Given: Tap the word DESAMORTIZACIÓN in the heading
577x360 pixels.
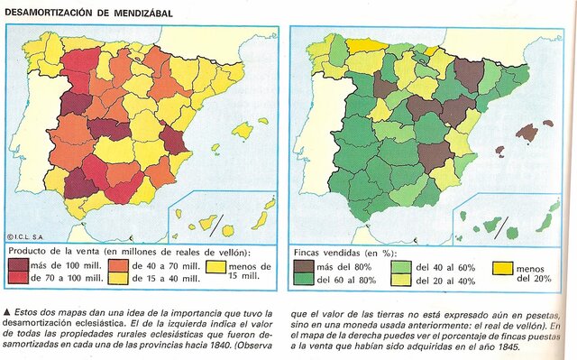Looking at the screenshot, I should click(45, 11).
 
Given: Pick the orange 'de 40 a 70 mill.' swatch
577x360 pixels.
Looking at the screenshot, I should click(118, 265).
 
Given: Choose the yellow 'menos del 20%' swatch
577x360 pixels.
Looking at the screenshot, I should click(502, 268).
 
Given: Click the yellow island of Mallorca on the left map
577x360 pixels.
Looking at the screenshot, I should click(242, 130).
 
